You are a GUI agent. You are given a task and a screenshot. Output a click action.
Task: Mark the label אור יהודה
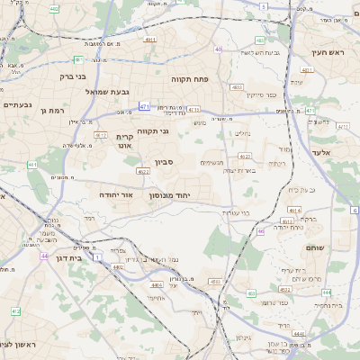(x=114, y=193)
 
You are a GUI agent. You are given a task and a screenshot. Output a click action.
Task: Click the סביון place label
(x=163, y=162)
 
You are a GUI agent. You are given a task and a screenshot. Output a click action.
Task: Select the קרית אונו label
(x=125, y=140)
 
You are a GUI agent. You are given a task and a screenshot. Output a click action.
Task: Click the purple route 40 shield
(x=219, y=49)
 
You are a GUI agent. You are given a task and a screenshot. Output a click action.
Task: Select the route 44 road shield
(x=43, y=256)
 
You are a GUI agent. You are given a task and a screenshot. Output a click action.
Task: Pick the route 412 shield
(x=15, y=311)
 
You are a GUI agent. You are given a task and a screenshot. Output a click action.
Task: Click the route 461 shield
(x=32, y=165)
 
